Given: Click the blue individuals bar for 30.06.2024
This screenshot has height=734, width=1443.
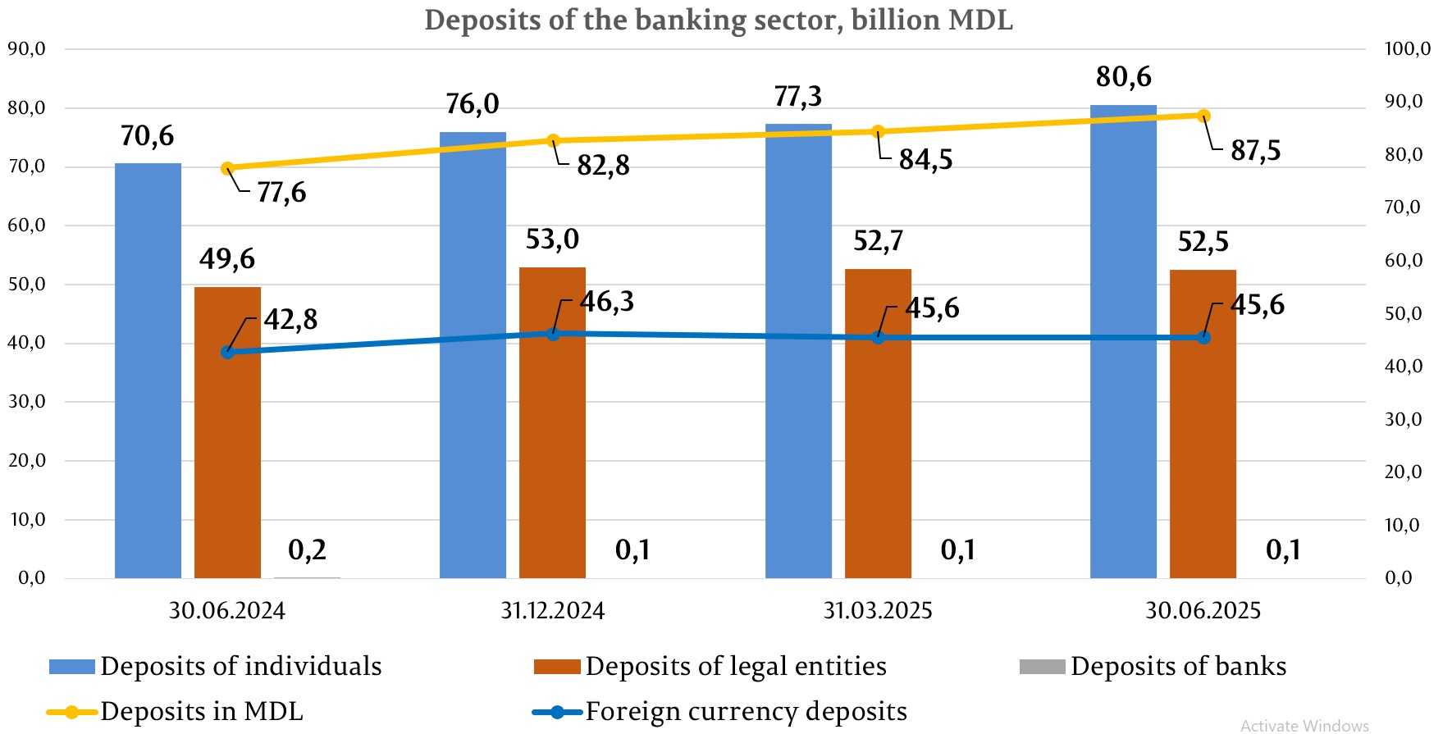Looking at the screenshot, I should [148, 369].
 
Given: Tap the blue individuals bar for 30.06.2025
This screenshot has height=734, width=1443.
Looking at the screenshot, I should [1123, 340].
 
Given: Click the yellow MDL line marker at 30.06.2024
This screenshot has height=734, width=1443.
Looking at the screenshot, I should [228, 169].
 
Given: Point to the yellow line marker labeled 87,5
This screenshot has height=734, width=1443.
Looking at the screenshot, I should [1203, 116].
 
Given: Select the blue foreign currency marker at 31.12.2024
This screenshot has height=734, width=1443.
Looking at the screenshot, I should [553, 334].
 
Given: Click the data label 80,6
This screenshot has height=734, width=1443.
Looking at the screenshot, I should [1123, 77].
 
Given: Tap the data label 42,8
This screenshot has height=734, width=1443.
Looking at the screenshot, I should [290, 320].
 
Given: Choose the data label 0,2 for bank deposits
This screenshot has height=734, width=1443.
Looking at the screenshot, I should [307, 549].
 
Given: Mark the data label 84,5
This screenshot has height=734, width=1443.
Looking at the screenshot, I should [925, 160].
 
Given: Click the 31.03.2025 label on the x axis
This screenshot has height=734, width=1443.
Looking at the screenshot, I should [878, 611].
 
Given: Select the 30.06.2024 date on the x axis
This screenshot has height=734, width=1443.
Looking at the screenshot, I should [227, 611].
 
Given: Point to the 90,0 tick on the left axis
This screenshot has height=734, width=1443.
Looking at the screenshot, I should [26, 49].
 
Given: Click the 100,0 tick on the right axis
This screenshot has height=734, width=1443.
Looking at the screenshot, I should [1407, 49].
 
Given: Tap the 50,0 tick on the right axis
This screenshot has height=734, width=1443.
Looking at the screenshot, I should [1404, 314].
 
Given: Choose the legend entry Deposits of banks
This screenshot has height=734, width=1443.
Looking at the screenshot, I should [1177, 666].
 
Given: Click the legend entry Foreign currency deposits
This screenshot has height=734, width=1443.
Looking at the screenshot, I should [745, 711].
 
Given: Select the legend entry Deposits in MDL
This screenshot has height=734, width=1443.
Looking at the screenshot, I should [201, 711].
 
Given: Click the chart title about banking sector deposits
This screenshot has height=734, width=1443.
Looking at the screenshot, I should [719, 20].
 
